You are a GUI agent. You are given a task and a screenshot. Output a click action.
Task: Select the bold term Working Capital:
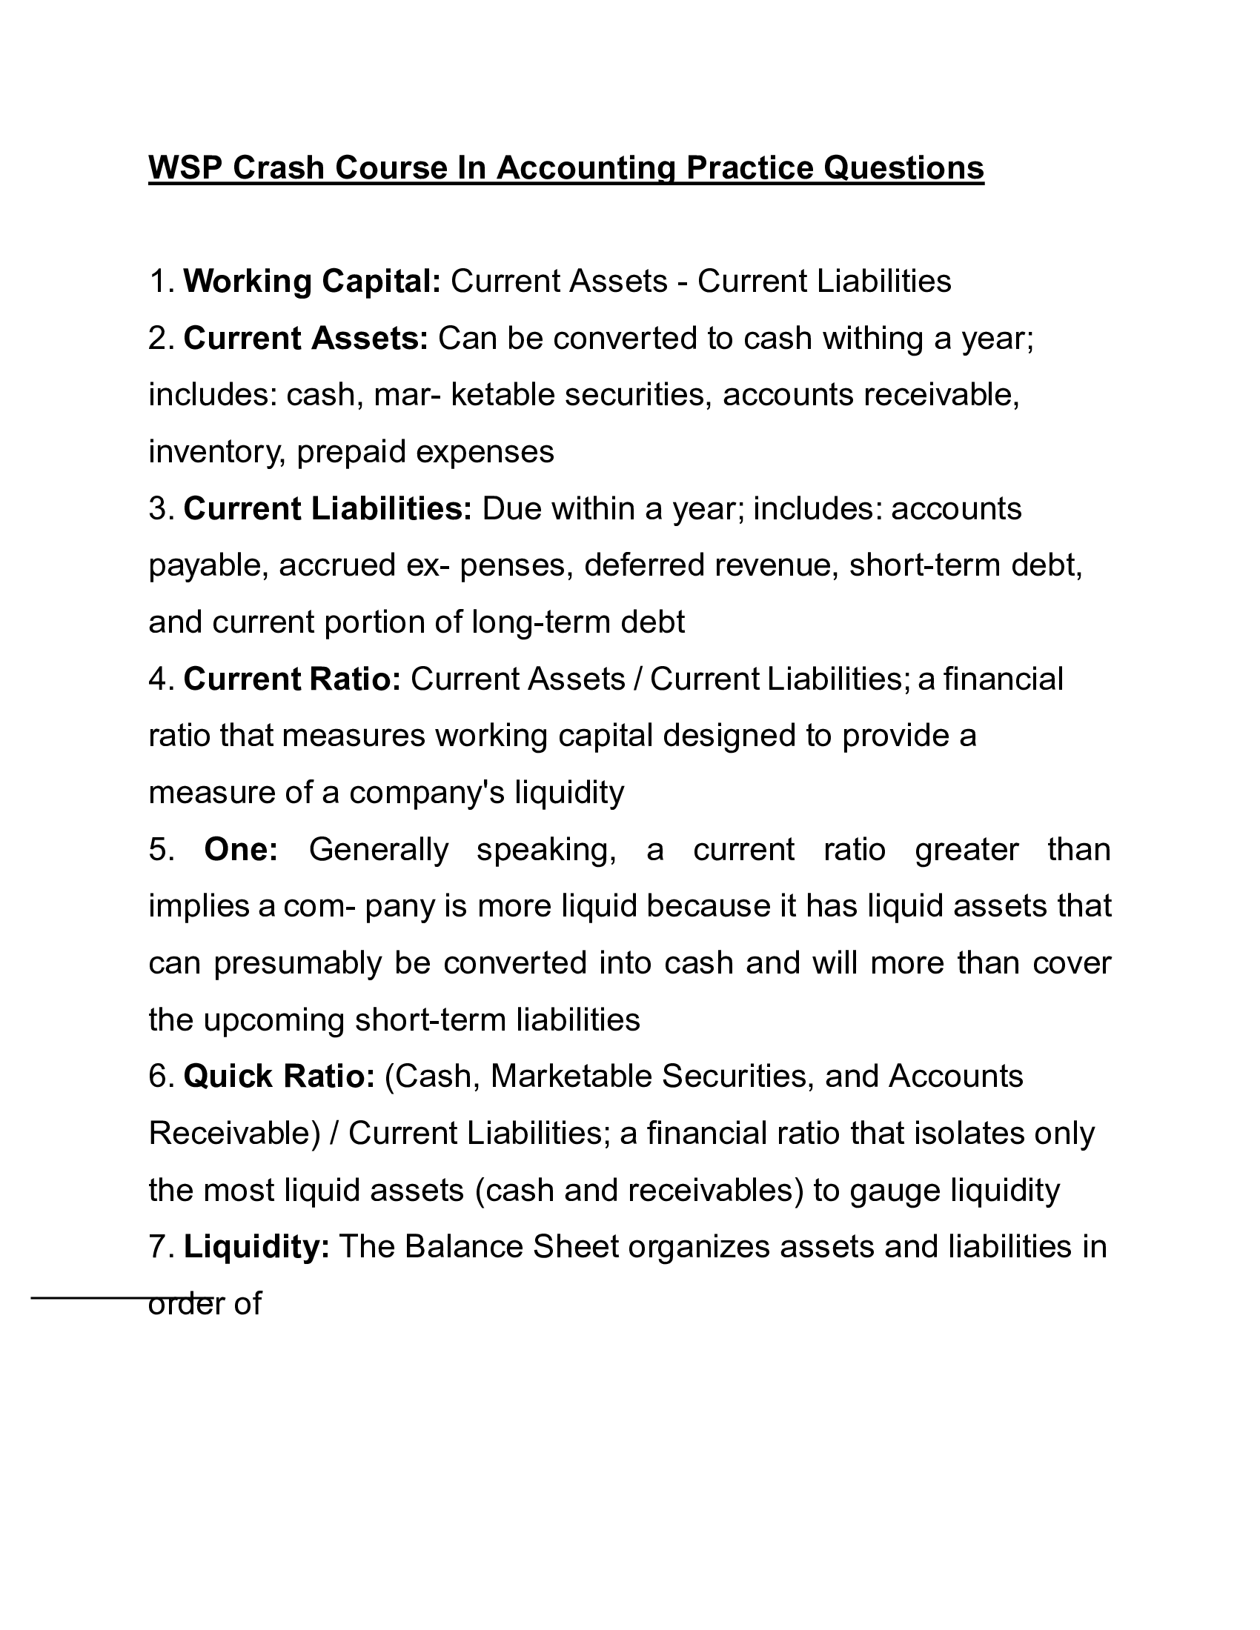312,282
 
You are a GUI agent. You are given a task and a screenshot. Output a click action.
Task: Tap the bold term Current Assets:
305,338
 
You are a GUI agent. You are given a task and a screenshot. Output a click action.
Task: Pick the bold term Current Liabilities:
328,508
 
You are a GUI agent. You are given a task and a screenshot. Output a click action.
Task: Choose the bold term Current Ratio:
292,679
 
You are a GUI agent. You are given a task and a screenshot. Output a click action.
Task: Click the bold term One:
240,849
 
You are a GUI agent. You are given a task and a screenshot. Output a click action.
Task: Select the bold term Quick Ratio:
279,1077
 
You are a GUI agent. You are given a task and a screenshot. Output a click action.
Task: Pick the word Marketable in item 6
570,1077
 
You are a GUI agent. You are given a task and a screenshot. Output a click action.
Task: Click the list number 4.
161,679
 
